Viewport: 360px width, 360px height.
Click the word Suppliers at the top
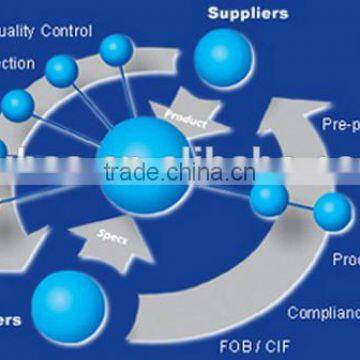(247, 13)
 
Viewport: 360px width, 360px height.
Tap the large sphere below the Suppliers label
(224, 58)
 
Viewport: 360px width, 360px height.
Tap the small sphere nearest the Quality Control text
(117, 48)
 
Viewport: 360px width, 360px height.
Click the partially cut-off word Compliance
(323, 313)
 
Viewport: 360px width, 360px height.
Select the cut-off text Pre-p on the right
(340, 125)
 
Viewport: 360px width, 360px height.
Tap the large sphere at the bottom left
(68, 303)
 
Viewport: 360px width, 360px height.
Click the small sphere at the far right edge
(332, 210)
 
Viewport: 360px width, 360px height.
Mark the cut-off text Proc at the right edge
(345, 259)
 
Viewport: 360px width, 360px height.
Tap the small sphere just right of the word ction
(62, 69)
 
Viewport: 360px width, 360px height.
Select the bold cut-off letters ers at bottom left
(10, 321)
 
